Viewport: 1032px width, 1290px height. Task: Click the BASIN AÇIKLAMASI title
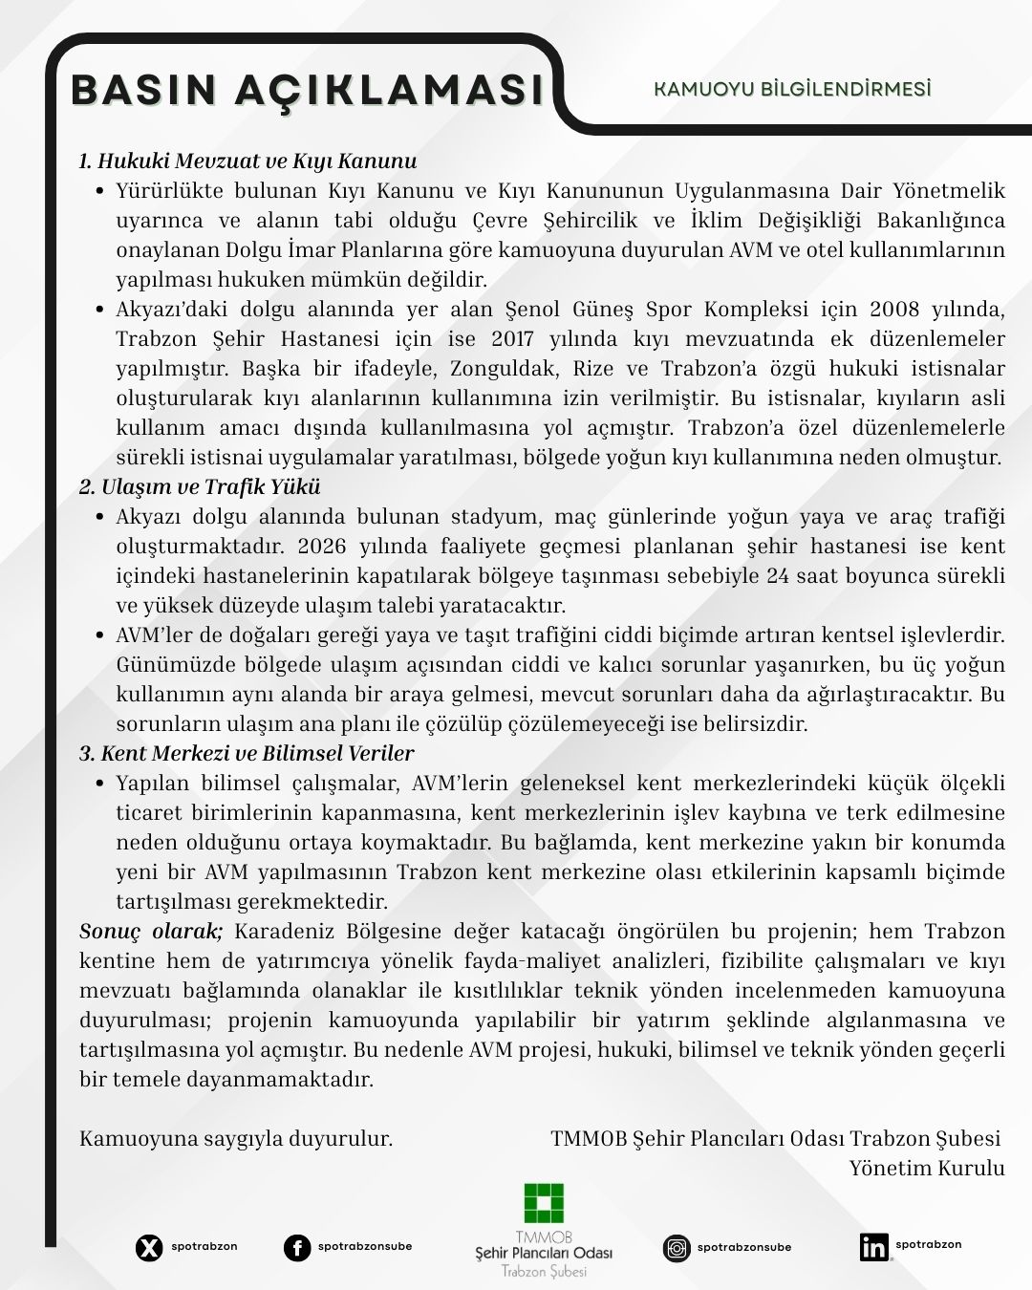coord(308,91)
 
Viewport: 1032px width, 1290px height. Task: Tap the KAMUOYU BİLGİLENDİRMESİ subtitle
coord(792,89)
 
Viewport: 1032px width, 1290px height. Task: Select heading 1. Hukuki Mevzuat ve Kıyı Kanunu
coord(247,161)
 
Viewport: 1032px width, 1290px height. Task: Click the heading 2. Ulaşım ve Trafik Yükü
coord(200,486)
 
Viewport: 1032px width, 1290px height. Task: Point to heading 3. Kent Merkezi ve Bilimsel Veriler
coord(247,754)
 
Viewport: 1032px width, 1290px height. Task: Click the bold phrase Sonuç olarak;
coord(151,931)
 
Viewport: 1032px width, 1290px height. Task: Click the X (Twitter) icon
coord(149,1248)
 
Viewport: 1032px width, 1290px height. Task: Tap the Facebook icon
coord(297,1248)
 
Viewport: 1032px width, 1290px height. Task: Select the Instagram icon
coord(677,1248)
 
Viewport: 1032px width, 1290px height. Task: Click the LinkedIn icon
coord(873,1247)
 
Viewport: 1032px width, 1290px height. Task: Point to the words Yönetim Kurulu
coord(927,1168)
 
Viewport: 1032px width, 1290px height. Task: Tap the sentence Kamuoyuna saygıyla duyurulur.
coord(236,1138)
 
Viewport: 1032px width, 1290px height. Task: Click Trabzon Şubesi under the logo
coord(543,1272)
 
